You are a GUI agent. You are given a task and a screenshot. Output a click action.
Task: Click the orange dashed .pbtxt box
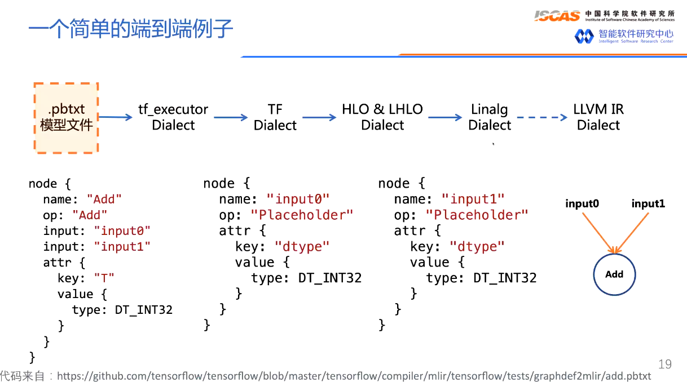click(66, 117)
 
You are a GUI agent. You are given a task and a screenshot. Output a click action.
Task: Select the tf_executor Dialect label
click(173, 117)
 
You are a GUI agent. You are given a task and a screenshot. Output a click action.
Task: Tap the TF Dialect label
click(275, 117)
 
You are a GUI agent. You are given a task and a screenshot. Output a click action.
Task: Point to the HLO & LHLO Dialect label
click(382, 117)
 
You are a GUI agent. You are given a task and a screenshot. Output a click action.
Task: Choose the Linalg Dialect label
click(490, 117)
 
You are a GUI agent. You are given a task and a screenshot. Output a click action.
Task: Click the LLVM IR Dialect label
click(598, 117)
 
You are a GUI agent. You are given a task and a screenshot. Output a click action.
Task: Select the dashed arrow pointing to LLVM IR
click(542, 118)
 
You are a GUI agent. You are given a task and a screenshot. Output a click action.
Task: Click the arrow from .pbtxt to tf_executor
click(116, 117)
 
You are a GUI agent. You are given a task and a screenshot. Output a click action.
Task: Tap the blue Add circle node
click(614, 274)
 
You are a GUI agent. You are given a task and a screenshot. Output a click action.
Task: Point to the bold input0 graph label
click(582, 204)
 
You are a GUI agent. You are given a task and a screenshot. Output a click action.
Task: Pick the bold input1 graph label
click(648, 204)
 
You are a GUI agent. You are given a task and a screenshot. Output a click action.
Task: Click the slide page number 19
click(665, 364)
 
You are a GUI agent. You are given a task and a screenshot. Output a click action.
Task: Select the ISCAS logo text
click(557, 16)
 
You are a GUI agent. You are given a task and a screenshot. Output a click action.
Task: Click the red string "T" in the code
click(104, 278)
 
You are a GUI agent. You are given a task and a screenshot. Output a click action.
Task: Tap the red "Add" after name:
click(104, 199)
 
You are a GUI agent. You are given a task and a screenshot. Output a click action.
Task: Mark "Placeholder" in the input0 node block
click(302, 215)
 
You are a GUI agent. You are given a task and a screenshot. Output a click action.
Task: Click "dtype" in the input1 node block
click(477, 246)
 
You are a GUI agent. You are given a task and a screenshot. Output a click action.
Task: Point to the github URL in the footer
click(354, 376)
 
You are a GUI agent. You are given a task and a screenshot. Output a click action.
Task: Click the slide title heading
click(131, 29)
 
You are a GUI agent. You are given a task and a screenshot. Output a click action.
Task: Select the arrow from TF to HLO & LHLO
click(319, 117)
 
